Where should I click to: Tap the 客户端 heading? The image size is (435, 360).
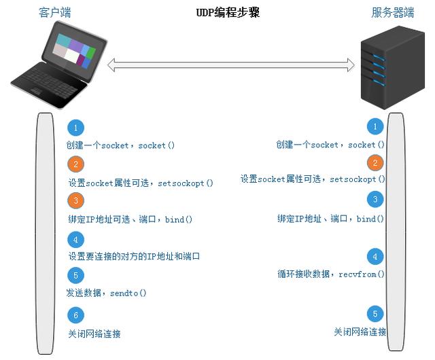tap(54, 12)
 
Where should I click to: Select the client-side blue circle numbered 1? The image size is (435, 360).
tap(76, 128)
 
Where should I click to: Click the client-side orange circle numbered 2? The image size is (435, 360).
tap(76, 164)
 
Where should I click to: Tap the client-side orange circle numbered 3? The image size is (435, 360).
tap(76, 200)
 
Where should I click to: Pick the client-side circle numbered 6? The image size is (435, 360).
tap(76, 315)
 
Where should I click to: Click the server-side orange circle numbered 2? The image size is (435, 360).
tap(375, 163)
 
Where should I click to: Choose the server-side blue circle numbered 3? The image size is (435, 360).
tap(375, 199)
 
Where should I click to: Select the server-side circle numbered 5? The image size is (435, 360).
tap(375, 314)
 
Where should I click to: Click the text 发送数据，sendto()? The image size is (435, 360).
tap(107, 293)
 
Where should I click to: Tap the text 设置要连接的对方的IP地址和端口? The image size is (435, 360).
tap(135, 257)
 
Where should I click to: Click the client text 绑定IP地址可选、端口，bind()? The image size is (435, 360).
tap(130, 219)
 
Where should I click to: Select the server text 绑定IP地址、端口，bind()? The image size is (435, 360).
tap(330, 219)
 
